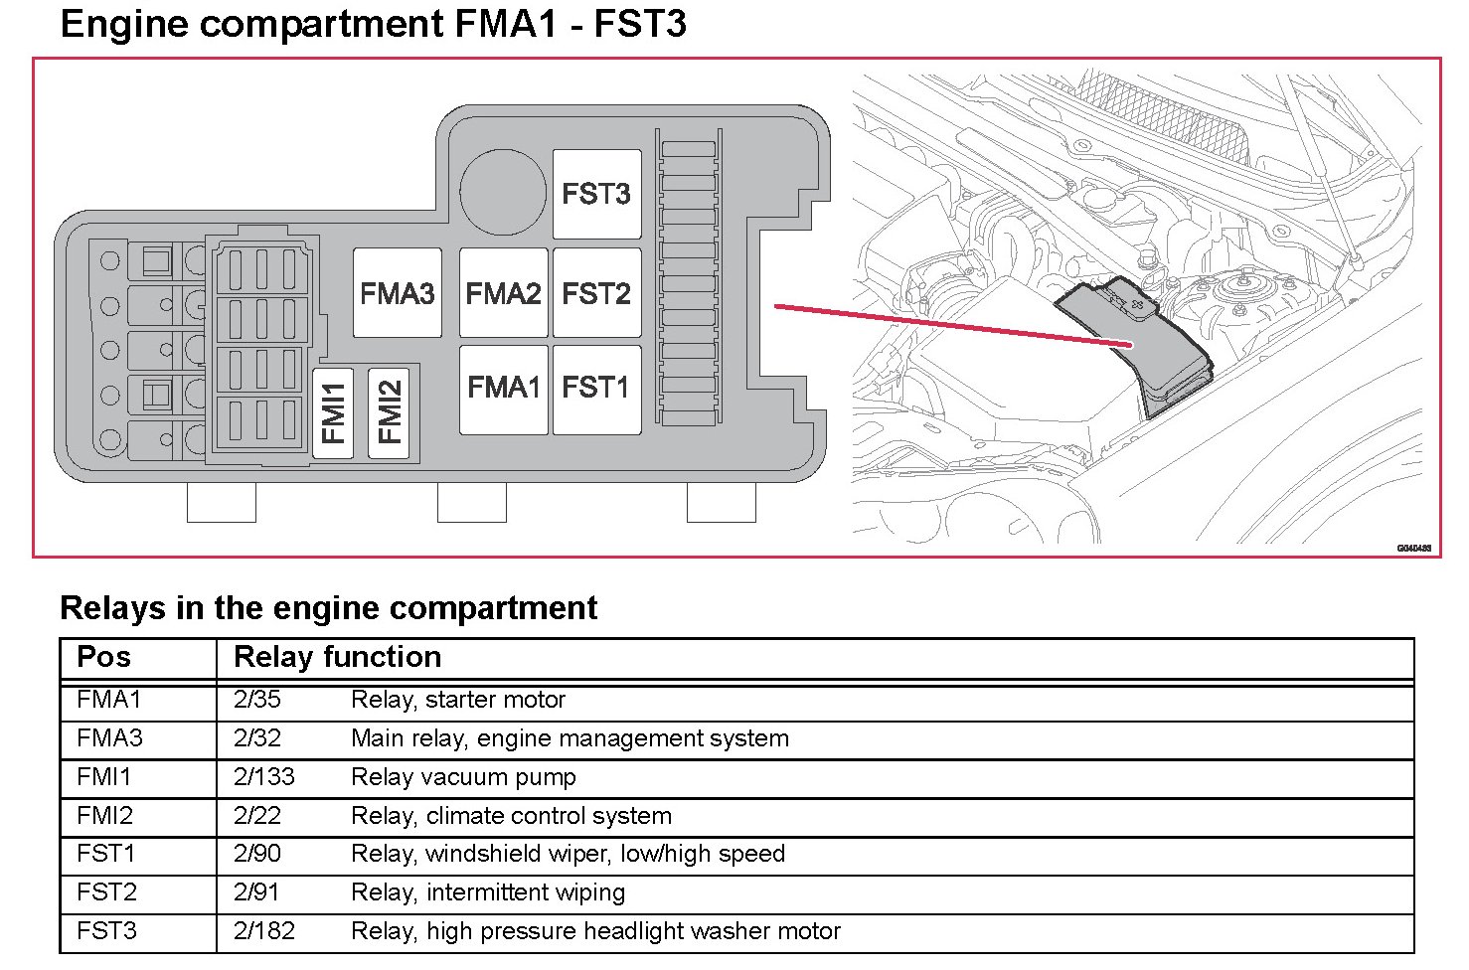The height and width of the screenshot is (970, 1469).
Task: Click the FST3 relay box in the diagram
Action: (596, 194)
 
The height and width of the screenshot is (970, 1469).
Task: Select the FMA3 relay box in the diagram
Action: (398, 292)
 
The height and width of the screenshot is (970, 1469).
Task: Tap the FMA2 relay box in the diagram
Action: (504, 292)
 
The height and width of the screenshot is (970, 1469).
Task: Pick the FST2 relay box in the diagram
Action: (596, 292)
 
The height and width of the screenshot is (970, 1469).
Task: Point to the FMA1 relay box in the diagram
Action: (504, 390)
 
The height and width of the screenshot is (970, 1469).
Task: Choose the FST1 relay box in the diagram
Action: (596, 390)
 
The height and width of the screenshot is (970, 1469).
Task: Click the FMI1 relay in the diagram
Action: (333, 413)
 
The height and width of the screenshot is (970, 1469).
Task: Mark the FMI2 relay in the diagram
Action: (389, 413)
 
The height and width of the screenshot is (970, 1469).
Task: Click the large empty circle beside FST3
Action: (503, 192)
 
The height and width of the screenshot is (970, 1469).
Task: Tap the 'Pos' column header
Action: (103, 657)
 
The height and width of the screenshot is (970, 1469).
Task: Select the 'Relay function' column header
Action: (338, 657)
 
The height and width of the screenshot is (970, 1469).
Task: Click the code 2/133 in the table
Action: (264, 777)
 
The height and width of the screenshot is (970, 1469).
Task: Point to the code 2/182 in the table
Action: (264, 931)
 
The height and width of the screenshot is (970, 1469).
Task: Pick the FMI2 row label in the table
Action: (105, 816)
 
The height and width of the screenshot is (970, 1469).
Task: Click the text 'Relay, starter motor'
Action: (458, 701)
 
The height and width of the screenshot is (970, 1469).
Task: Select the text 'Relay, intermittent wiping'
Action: (489, 893)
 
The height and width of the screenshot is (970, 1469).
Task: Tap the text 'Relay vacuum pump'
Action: (463, 778)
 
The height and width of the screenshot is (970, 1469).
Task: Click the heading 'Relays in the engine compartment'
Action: (329, 608)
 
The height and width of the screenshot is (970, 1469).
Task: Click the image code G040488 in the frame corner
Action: (1414, 549)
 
